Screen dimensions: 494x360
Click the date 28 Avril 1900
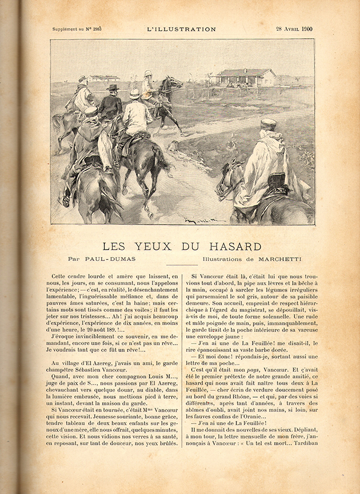pos(294,29)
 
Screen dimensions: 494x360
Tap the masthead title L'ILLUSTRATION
pos(181,30)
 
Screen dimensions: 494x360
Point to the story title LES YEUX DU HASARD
pos(182,247)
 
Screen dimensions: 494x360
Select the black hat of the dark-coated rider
pos(112,87)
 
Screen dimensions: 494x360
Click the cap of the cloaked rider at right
pos(268,123)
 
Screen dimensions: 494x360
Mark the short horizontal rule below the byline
pos(181,265)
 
